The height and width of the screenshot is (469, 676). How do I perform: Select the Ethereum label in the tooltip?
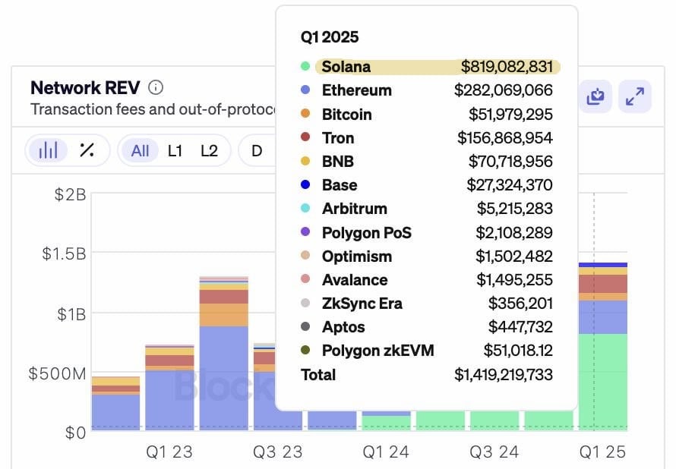tap(356, 90)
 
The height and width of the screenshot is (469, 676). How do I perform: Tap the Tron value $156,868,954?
tap(504, 138)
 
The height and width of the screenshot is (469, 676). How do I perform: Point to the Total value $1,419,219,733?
tap(503, 375)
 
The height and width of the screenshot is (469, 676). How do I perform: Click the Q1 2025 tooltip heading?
tap(330, 36)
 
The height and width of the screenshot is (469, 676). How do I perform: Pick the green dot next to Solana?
tap(305, 67)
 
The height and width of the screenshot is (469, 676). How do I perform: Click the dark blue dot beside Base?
tap(305, 185)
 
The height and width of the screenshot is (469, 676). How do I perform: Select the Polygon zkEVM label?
tap(377, 351)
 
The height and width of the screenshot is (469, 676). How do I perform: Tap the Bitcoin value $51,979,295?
tap(510, 115)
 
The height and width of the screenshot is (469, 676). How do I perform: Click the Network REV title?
tap(85, 87)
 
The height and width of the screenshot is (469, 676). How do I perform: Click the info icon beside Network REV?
tap(155, 87)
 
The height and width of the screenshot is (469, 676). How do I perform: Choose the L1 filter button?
tap(175, 150)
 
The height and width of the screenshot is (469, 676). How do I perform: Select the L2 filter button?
tap(209, 150)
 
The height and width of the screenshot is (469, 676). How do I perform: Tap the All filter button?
tap(141, 150)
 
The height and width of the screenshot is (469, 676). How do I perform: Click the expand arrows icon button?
tap(634, 96)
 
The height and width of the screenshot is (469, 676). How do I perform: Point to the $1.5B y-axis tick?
tap(63, 253)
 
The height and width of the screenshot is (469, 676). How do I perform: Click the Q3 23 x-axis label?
tap(277, 452)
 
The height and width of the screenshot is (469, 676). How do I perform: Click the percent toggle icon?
tap(87, 150)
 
